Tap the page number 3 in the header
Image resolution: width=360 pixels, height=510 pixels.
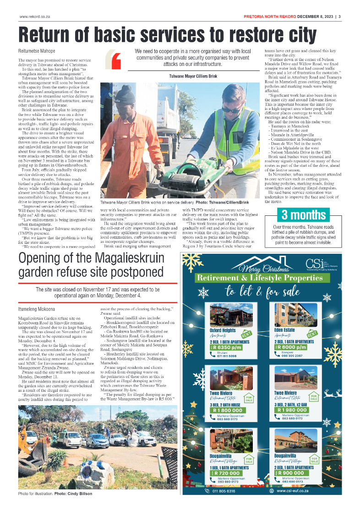pyautogui.click(x=340, y=17)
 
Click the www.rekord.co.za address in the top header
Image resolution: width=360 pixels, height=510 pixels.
pyautogui.click(x=34, y=17)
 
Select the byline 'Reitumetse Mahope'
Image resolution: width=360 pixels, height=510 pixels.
pyautogui.click(x=37, y=51)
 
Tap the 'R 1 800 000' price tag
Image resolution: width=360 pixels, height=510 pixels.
pyautogui.click(x=230, y=410)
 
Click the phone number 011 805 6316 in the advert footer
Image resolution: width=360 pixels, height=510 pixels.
pyautogui.click(x=224, y=491)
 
